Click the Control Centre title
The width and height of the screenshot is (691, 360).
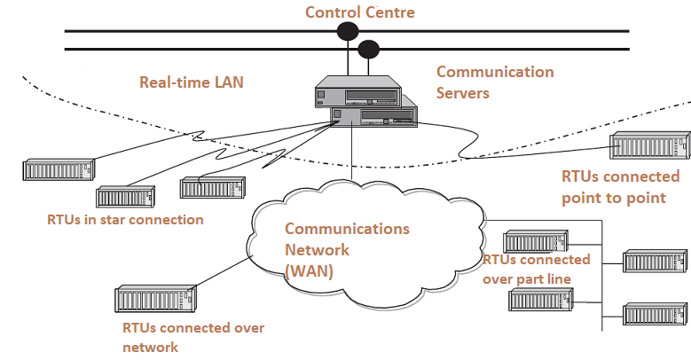coord(359,12)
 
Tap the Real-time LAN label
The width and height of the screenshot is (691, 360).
coord(191,82)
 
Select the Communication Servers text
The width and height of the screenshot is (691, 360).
coord(495,82)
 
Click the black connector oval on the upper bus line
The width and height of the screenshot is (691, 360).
coord(347,32)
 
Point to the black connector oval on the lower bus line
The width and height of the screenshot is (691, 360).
coord(369,48)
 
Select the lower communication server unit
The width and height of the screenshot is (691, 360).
coord(373,116)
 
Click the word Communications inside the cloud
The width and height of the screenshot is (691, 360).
coord(347,229)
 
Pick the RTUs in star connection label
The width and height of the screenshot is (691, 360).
coord(125,219)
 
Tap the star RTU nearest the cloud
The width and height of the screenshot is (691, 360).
coord(209,187)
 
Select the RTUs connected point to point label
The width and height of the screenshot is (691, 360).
coord(620,187)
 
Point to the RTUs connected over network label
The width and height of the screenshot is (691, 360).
coord(193,337)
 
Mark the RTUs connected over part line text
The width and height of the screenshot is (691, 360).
coord(536,269)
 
